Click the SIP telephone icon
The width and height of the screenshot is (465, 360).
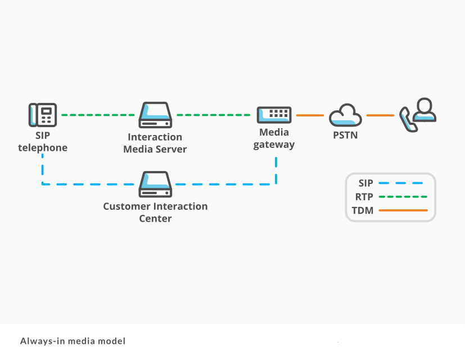click(x=43, y=115)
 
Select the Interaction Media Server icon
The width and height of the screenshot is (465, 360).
click(x=155, y=115)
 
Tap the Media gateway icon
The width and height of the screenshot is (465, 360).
click(x=274, y=115)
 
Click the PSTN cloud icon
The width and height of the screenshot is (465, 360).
click(x=345, y=115)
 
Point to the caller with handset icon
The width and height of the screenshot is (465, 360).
click(x=418, y=115)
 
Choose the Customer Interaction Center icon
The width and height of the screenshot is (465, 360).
click(x=155, y=184)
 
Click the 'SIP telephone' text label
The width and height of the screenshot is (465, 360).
click(x=43, y=142)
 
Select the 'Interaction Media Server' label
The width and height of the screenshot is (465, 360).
click(x=155, y=143)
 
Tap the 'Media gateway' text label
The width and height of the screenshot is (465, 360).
click(x=274, y=138)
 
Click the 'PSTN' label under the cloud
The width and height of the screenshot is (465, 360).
click(x=345, y=136)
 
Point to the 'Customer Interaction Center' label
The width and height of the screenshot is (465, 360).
click(x=155, y=212)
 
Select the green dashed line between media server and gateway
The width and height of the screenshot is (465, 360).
click(x=214, y=115)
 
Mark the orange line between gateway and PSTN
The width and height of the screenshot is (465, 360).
click(x=310, y=115)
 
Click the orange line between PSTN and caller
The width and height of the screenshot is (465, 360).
click(x=380, y=115)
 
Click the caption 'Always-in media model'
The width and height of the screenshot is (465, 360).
click(x=73, y=341)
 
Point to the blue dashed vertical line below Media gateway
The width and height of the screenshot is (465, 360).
click(x=276, y=170)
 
